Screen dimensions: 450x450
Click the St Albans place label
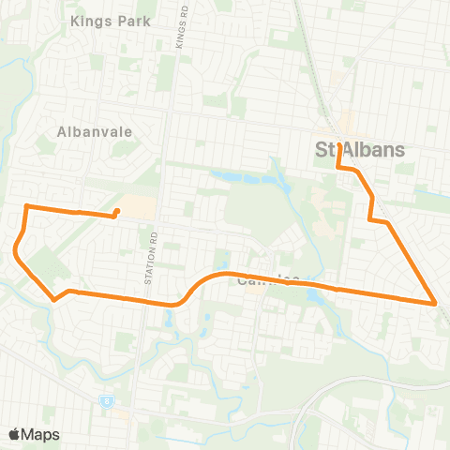click(x=359, y=150)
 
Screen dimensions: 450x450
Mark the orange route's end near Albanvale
click(x=116, y=211)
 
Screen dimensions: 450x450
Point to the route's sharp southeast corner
click(x=436, y=303)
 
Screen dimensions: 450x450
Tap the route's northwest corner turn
click(x=26, y=205)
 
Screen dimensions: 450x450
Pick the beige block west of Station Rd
click(x=139, y=206)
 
